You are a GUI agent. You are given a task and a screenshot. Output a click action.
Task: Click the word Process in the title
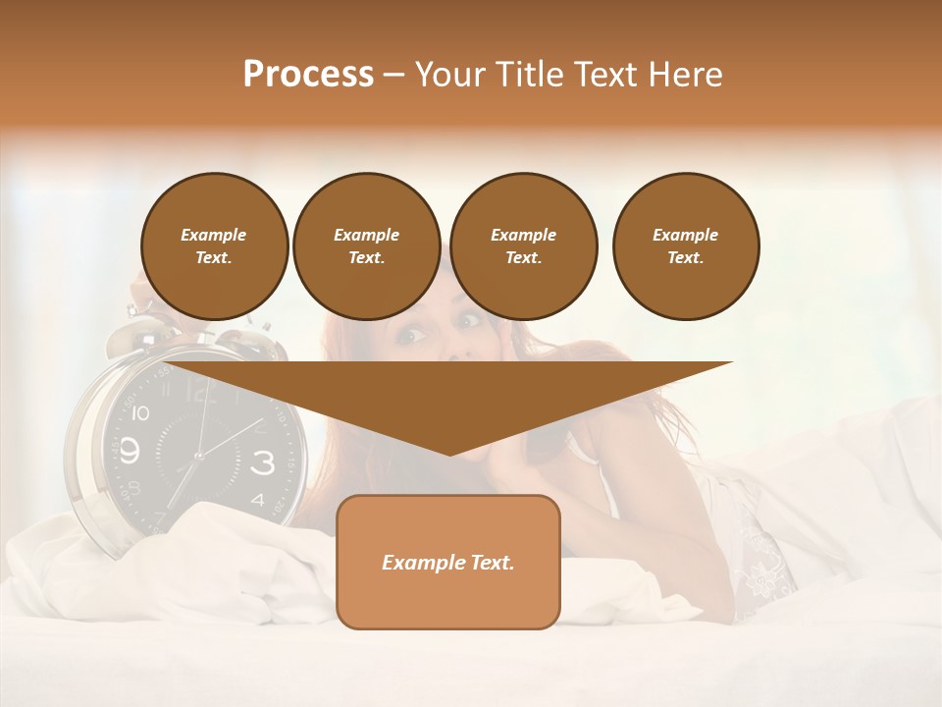tap(308, 75)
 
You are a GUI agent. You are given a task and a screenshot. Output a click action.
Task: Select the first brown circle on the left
tap(214, 246)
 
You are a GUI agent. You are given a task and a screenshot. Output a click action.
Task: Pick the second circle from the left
tap(366, 246)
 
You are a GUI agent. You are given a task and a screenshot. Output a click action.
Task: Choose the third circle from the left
tap(523, 246)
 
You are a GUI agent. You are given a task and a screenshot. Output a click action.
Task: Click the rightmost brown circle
tap(685, 246)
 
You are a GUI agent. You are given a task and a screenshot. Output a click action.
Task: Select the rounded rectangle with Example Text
tap(447, 562)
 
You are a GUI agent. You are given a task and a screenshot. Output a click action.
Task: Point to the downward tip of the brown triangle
tap(448, 453)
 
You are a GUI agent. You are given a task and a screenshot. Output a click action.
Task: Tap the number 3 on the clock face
tap(262, 462)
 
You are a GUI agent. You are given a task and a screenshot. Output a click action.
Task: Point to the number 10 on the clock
tap(140, 413)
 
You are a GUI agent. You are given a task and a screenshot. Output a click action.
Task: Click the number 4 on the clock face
tap(257, 500)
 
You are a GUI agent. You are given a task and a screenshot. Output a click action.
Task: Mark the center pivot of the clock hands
tap(198, 456)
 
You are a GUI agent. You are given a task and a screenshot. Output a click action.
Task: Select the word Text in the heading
tap(607, 75)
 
